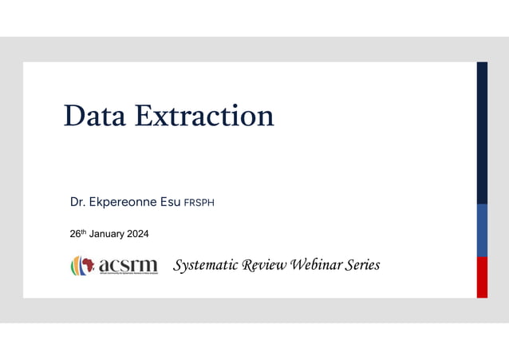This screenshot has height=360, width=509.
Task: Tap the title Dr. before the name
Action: click(x=77, y=202)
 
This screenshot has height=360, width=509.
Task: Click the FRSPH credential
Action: click(x=199, y=203)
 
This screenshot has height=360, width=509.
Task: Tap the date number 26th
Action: click(x=78, y=234)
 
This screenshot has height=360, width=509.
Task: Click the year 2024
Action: click(x=136, y=234)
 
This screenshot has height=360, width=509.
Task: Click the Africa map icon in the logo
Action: click(x=85, y=264)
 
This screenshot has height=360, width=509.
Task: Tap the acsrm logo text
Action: click(x=128, y=264)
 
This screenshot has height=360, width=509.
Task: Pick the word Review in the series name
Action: click(x=261, y=265)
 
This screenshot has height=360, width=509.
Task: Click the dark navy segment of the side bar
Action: click(x=482, y=132)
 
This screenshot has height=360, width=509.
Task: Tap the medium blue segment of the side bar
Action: click(x=482, y=230)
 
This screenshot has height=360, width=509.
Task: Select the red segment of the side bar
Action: click(x=482, y=277)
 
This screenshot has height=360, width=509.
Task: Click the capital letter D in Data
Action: click(x=74, y=116)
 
